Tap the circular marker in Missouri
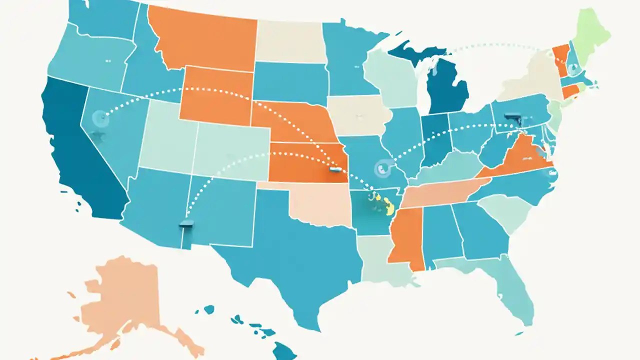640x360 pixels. [x=382, y=168]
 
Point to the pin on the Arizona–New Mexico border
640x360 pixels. [x=186, y=224]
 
